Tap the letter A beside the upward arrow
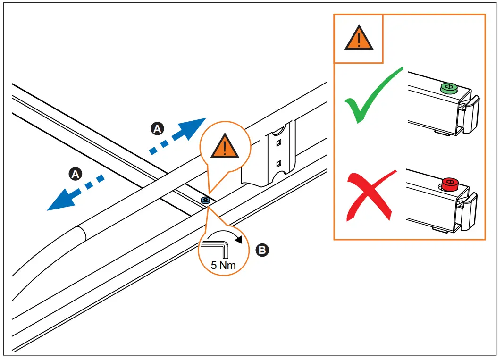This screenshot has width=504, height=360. [158, 128]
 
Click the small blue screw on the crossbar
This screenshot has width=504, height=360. [205, 200]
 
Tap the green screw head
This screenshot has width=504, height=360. [448, 88]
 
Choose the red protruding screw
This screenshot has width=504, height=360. [449, 184]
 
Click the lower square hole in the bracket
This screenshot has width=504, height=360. [279, 163]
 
